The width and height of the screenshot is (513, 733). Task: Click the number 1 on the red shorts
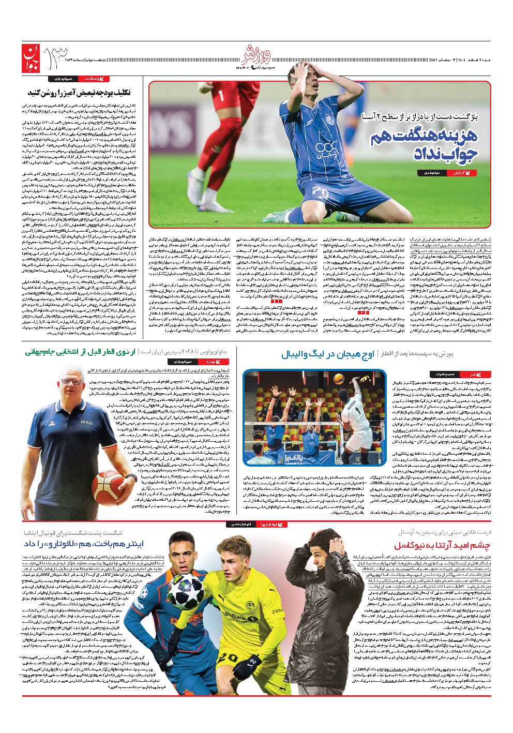pos(222,96)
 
